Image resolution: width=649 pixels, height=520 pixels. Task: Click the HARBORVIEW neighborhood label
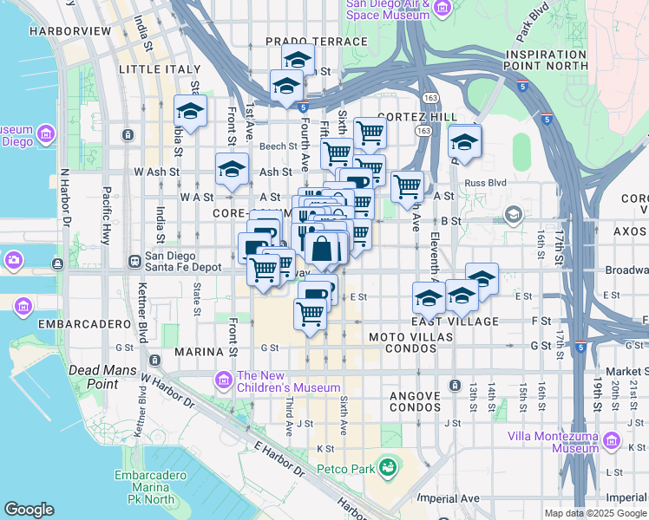[69, 30]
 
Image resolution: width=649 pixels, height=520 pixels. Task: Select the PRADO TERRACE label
[316, 42]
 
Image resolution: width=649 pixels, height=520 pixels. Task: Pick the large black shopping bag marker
[321, 249]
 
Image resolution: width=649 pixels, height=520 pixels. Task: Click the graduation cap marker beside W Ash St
[232, 170]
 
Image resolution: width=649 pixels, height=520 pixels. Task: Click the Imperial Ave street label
[448, 498]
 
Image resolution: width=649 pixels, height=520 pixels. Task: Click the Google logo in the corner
[29, 510]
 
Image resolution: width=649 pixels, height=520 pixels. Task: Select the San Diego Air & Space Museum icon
[442, 8]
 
